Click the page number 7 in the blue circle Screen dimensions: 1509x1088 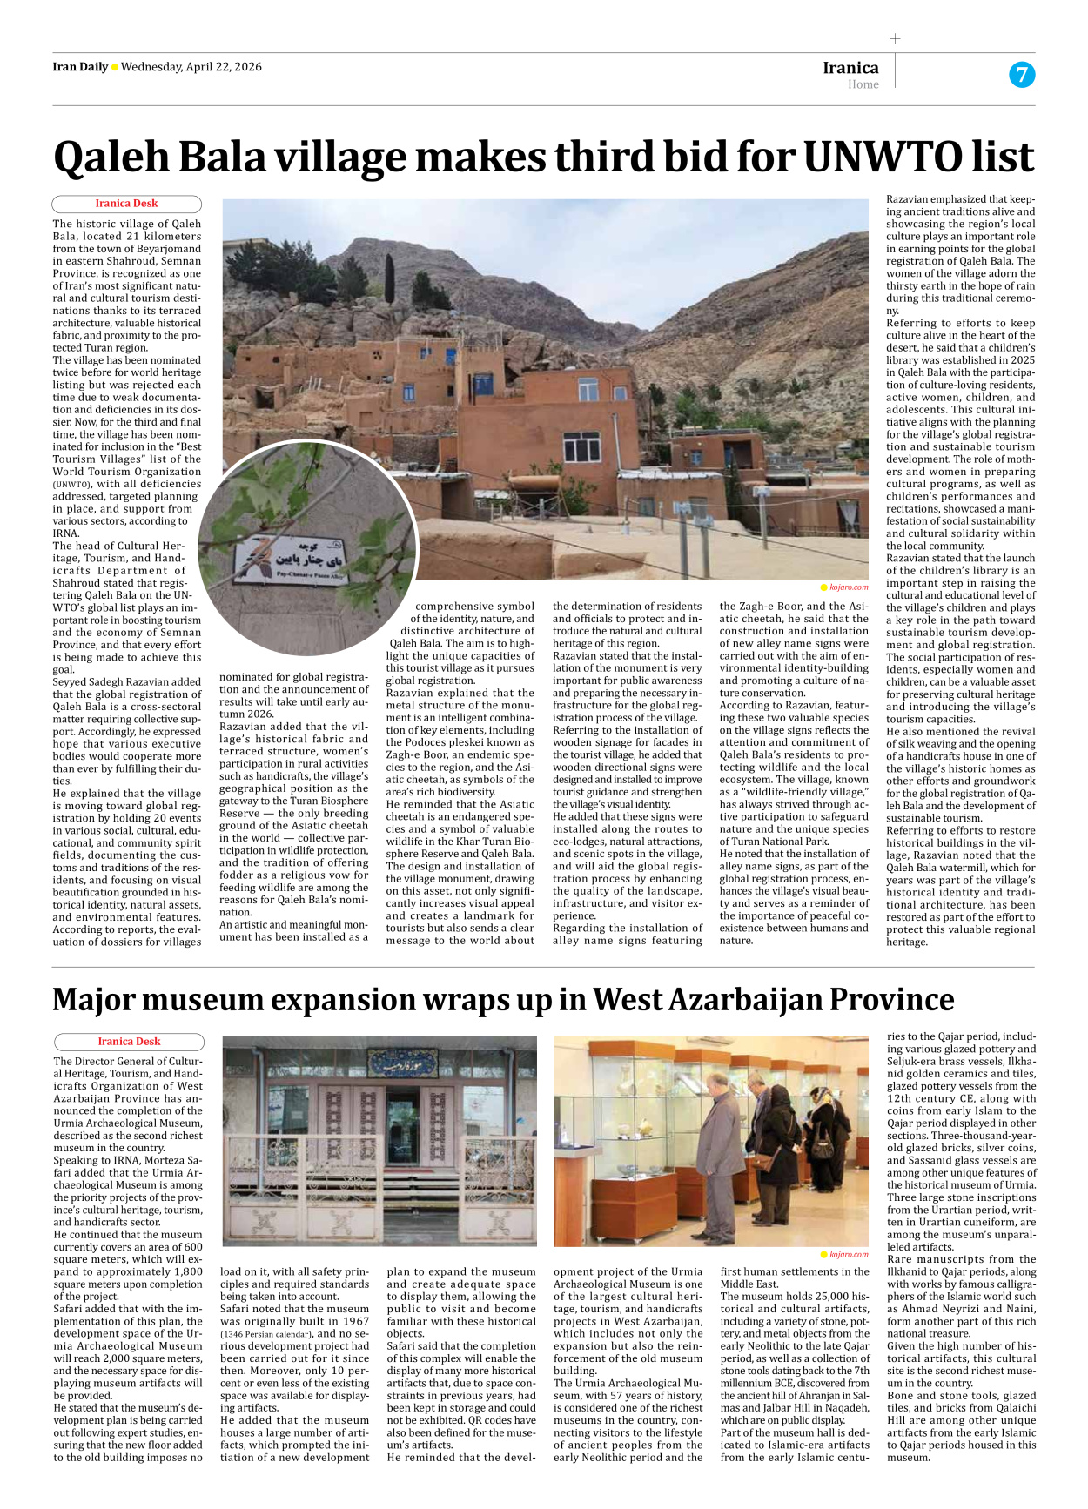point(1022,75)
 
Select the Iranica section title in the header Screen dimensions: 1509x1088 point(850,68)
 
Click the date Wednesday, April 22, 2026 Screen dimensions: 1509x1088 point(191,67)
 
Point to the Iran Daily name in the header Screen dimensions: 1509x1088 point(80,67)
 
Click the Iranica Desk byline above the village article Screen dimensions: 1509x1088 point(126,204)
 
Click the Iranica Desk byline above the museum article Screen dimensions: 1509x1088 point(129,1042)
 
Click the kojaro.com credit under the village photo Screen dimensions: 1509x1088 point(848,587)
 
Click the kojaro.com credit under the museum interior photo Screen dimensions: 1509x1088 point(848,1254)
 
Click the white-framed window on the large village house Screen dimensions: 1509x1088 point(581,446)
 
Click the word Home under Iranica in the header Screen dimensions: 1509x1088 point(863,84)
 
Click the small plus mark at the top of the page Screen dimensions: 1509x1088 point(895,38)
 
